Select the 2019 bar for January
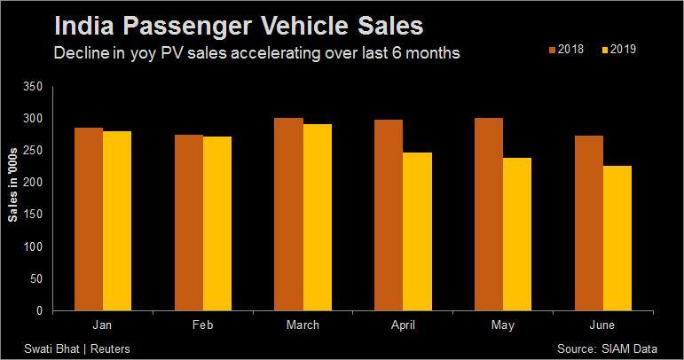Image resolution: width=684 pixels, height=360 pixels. point(117,221)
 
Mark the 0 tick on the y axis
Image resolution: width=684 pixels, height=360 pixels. point(39,310)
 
